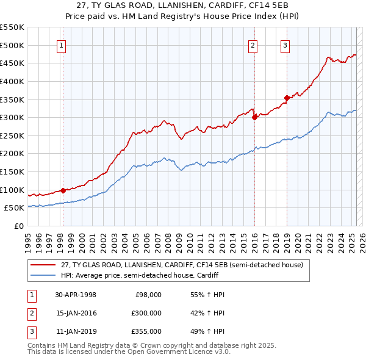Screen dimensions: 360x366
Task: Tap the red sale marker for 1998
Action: click(63, 190)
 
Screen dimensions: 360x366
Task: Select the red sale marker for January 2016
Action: click(254, 118)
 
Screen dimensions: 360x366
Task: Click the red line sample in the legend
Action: click(43, 265)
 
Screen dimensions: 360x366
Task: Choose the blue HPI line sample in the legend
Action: click(43, 275)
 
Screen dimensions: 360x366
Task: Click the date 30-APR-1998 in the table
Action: click(76, 295)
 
